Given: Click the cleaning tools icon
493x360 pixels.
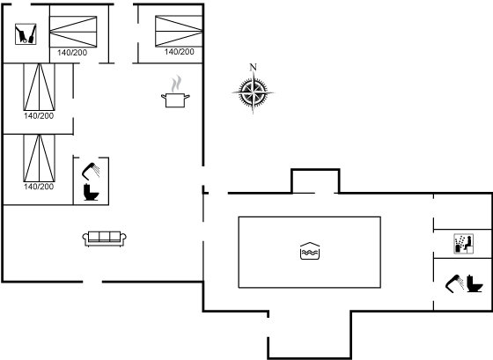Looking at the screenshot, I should point(26,34).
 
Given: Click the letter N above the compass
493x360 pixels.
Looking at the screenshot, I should point(254,67).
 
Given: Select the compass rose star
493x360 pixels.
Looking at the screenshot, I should point(254,92).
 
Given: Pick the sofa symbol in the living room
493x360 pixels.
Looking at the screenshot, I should point(106,237).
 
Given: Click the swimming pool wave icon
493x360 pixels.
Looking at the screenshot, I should point(308,252).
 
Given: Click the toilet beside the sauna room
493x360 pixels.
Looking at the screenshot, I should point(475,285).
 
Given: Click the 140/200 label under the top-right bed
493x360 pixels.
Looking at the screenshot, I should point(180,52).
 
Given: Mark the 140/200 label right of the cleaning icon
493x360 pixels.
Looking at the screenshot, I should point(73,53).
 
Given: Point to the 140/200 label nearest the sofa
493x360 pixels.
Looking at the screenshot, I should point(39,187).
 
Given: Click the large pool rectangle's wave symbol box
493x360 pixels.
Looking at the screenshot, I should point(308,252).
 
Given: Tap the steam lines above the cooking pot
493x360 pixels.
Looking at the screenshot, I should point(178,84).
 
